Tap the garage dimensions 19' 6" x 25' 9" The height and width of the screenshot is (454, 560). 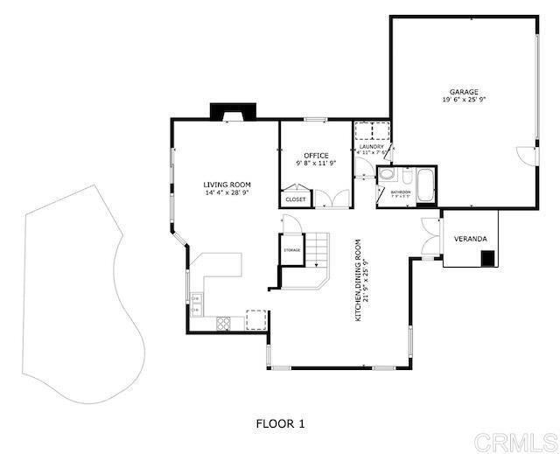click(464, 100)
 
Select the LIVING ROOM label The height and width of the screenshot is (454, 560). click(227, 185)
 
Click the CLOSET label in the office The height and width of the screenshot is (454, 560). click(296, 200)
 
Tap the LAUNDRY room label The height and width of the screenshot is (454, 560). click(371, 147)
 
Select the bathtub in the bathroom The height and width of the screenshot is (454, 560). click(425, 185)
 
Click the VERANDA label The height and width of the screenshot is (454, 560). click(469, 239)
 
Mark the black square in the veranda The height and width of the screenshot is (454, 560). click(489, 258)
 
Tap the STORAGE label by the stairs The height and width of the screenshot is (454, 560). click(291, 251)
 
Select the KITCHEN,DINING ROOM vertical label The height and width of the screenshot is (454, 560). click(361, 280)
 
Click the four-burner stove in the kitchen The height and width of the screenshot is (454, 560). click(222, 323)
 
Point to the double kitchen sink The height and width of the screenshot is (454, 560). click(196, 303)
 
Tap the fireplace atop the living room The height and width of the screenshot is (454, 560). click(233, 112)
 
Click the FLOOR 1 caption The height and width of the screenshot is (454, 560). click(280, 424)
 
